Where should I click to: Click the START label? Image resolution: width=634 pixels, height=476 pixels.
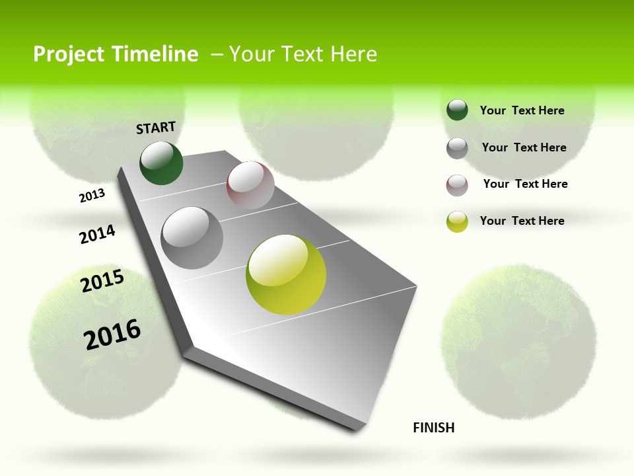(156, 128)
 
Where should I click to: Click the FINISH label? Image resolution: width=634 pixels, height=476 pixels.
(434, 428)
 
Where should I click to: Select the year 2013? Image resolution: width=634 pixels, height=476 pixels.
(92, 196)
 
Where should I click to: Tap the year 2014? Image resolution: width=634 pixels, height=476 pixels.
(97, 235)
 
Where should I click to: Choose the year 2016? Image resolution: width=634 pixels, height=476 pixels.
(112, 335)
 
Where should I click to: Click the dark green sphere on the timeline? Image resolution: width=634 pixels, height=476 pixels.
(162, 163)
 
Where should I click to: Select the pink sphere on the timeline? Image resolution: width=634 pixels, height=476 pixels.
(250, 185)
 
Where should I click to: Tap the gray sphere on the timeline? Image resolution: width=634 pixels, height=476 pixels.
(192, 238)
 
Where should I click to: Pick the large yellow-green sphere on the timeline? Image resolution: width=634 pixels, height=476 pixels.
(286, 274)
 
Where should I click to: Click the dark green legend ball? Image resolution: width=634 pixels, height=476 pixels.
(457, 110)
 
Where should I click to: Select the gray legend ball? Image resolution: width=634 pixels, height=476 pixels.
(457, 148)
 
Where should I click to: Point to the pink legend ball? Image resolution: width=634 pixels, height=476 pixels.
(457, 185)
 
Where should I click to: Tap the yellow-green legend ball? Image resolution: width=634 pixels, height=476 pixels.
(457, 221)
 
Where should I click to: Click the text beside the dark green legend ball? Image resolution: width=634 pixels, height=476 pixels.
(522, 110)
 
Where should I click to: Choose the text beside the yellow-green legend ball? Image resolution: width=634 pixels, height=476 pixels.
(522, 221)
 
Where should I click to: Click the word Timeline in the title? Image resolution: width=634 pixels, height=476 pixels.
(153, 54)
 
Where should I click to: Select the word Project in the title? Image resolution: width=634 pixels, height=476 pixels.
(67, 54)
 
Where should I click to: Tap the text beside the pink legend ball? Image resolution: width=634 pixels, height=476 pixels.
(525, 184)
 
